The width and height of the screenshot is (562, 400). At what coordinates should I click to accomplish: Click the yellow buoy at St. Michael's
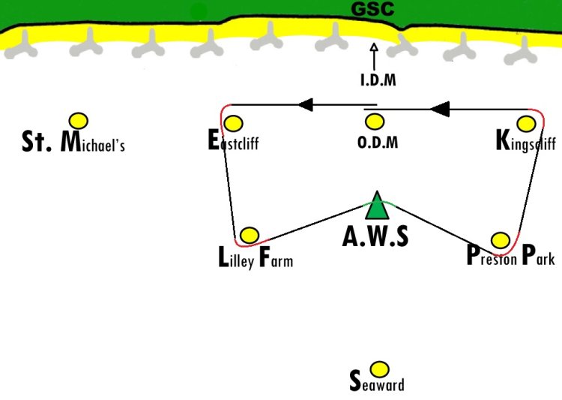tap(79, 121)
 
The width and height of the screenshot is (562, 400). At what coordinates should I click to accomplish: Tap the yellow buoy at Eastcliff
tap(233, 124)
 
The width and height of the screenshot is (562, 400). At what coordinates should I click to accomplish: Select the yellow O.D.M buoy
tap(375, 122)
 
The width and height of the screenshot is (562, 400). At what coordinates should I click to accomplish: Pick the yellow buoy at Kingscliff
tap(527, 124)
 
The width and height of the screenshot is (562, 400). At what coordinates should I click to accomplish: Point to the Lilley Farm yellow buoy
tap(250, 236)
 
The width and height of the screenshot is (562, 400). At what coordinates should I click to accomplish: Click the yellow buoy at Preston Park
tap(501, 240)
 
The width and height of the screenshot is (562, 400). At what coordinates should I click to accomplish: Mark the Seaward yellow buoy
tap(379, 369)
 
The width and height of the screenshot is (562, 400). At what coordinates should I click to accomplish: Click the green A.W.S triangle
tap(377, 206)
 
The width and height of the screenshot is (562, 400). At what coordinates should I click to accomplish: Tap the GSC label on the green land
tap(372, 9)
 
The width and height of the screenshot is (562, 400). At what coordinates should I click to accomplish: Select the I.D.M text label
tap(378, 80)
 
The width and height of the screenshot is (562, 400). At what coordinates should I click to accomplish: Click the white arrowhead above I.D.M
tap(374, 47)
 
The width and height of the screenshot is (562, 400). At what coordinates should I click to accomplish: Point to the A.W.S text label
tap(375, 236)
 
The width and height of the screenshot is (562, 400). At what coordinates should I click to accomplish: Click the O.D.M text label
tap(378, 143)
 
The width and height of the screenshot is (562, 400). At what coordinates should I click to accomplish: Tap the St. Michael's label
tap(73, 142)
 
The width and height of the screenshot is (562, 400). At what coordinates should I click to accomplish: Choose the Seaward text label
tap(377, 382)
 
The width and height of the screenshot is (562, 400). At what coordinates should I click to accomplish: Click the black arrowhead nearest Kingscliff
tap(440, 109)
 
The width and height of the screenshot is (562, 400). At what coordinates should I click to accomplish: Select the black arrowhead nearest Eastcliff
tap(306, 105)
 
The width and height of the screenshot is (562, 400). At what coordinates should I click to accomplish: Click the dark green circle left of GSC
tap(199, 12)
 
